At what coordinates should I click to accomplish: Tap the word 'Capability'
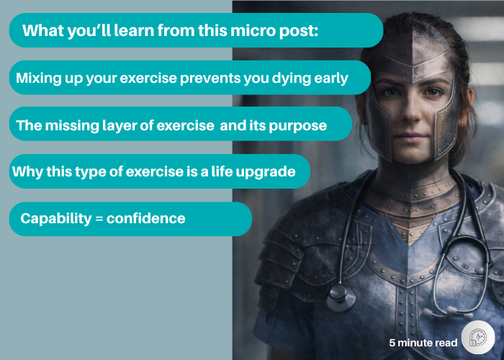tap(55, 218)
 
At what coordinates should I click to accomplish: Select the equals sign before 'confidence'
tap(99, 218)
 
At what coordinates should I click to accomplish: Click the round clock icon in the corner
tap(477, 338)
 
